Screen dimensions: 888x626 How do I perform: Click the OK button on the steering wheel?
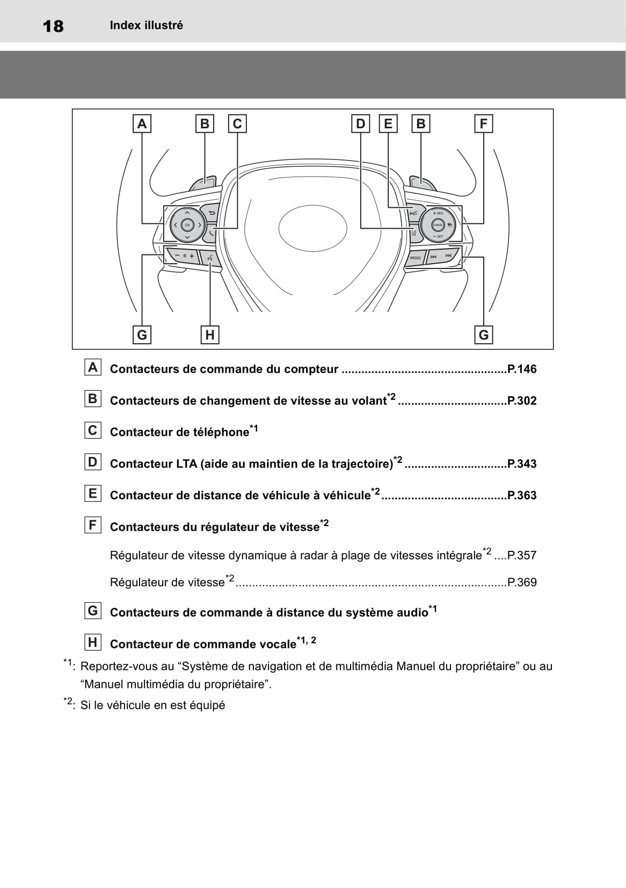187,225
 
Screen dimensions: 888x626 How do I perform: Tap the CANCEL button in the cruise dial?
438,225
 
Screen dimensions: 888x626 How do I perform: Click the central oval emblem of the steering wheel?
312,228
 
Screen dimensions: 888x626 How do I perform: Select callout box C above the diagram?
237,124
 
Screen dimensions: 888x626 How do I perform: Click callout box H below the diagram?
210,335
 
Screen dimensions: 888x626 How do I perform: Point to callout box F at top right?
483,124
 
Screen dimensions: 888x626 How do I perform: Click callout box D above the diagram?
360,124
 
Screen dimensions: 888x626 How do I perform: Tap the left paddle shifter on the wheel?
202,183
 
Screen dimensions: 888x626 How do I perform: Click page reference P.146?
522,369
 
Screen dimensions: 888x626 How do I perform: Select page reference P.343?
522,464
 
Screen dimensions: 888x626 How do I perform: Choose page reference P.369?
522,583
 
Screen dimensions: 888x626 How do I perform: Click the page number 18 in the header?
53,26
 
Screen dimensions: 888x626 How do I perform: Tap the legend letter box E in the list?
93,493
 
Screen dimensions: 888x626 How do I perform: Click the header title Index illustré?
146,25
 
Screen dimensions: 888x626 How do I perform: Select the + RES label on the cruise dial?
438,213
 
